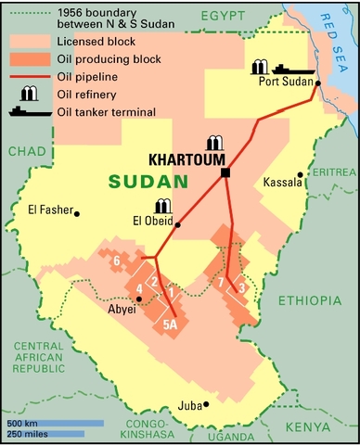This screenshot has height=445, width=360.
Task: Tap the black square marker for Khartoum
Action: (x=225, y=172)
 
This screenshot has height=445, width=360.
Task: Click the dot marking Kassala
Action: (x=300, y=174)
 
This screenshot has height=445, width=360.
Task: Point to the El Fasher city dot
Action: (x=77, y=213)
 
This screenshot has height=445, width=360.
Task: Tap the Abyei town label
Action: (x=122, y=310)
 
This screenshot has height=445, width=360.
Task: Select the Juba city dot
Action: (x=207, y=404)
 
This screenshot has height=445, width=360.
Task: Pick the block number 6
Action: (x=117, y=261)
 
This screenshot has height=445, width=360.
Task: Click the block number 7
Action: (x=220, y=283)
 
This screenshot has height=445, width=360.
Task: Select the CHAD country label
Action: (x=20, y=151)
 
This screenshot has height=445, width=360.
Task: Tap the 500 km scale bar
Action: (x=52, y=424)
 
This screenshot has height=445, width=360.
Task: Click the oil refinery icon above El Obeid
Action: (x=163, y=205)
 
